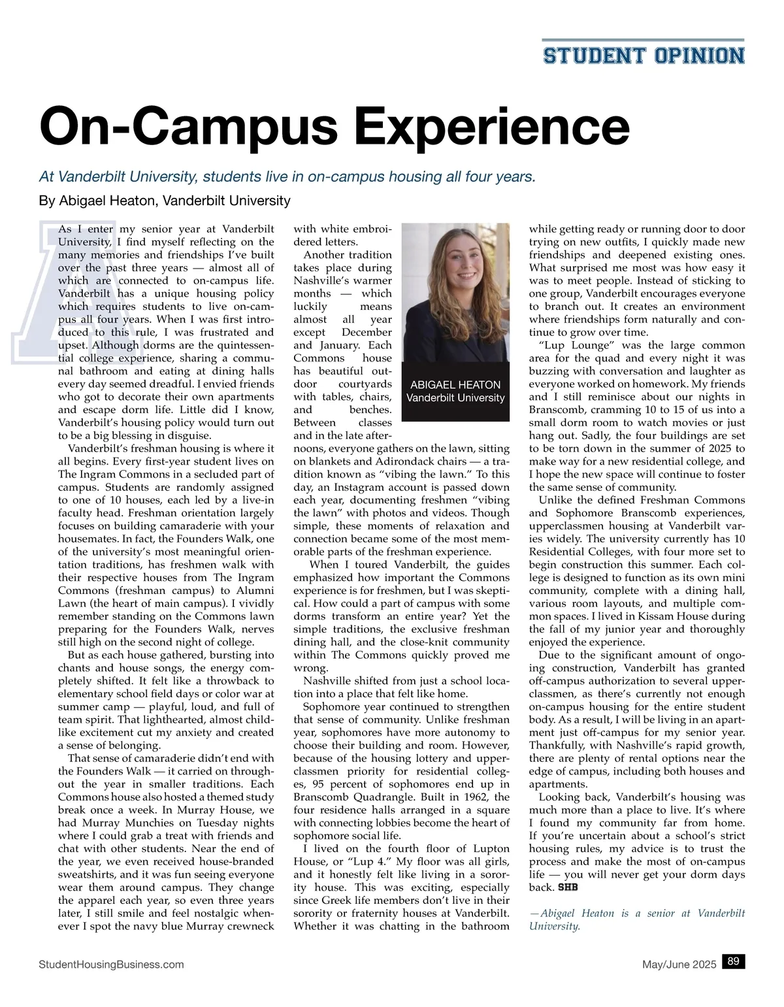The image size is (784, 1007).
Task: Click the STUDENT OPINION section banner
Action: point(644,55)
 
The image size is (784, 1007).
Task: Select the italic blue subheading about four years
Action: point(287,176)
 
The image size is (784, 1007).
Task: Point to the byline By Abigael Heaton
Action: point(165,200)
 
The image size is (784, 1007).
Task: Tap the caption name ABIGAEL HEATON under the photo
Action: point(455,385)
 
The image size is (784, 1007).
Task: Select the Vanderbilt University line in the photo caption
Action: point(455,398)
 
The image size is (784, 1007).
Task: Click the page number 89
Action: point(733,961)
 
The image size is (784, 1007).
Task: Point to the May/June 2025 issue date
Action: point(679,964)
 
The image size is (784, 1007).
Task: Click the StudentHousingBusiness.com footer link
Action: point(112,964)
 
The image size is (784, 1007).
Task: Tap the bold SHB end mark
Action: point(568,887)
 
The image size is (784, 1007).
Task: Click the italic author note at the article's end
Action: point(636,919)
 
